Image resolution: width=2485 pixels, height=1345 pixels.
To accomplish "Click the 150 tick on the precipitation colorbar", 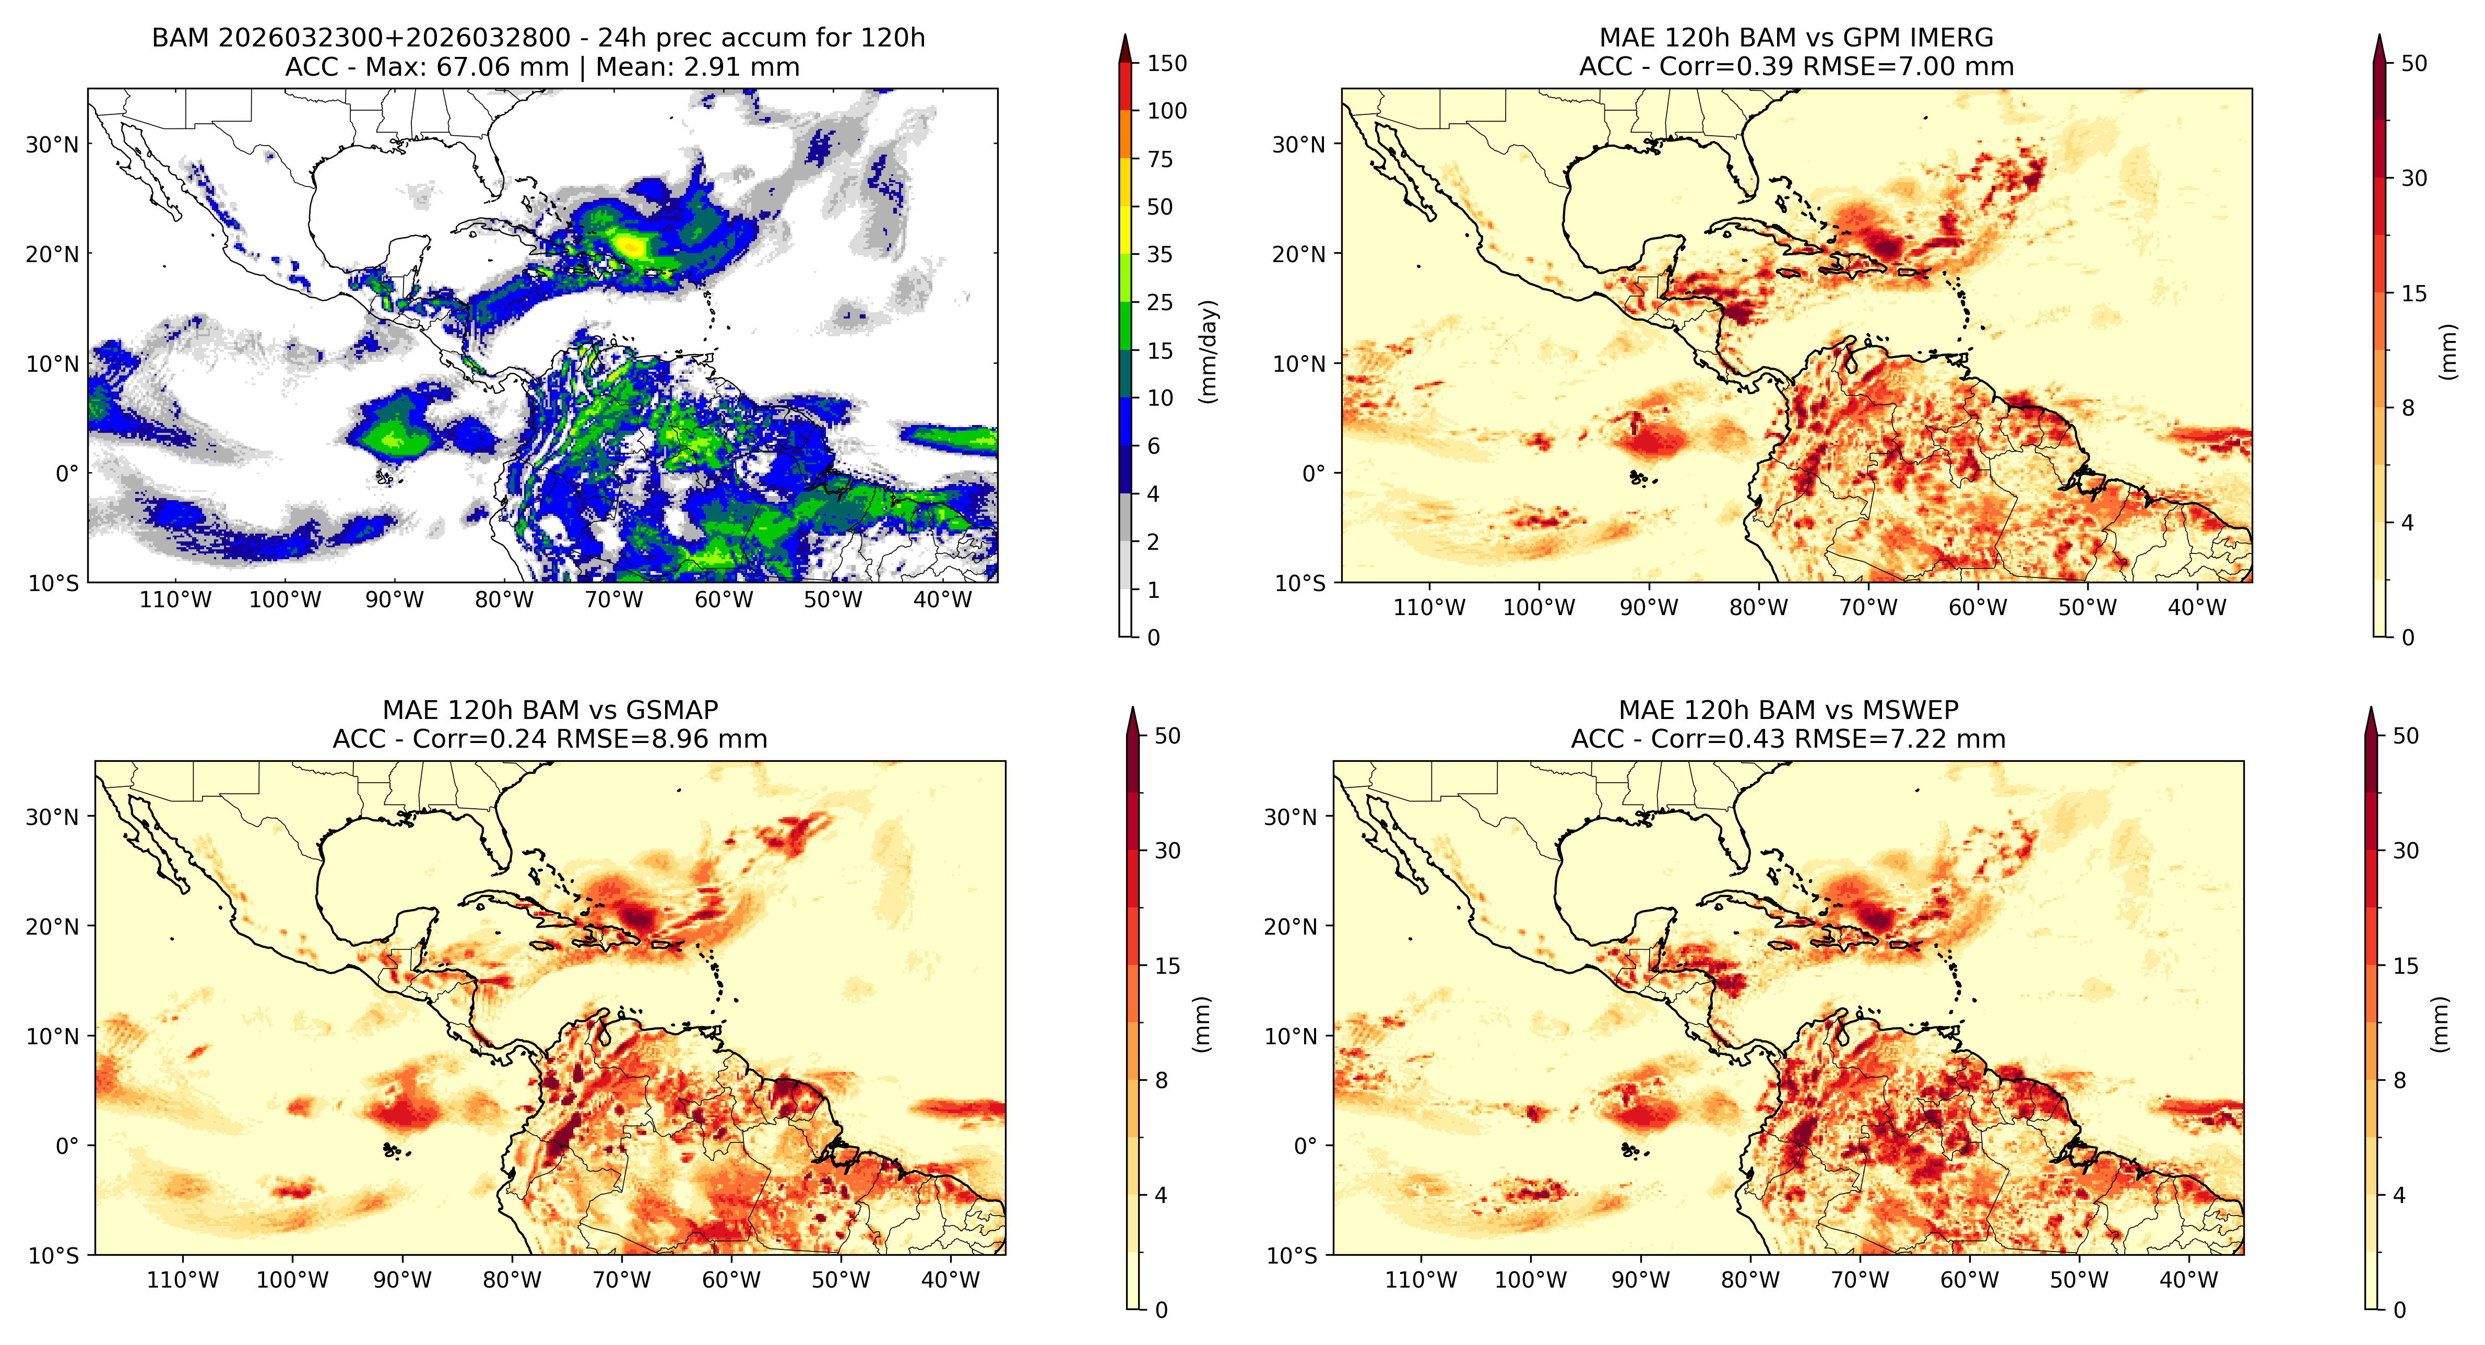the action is (1166, 64).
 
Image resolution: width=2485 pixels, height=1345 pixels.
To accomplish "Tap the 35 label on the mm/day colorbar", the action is (1159, 255).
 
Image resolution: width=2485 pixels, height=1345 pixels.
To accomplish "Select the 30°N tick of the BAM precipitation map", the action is (52, 145).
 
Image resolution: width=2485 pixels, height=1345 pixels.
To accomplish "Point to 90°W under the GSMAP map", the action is (403, 1280).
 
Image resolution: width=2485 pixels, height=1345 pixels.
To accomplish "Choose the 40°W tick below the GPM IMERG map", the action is (2197, 608).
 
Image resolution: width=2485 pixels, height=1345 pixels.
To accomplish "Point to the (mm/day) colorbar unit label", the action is (1208, 351).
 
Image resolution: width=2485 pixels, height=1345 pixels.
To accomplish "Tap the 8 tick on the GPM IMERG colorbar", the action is (2408, 408).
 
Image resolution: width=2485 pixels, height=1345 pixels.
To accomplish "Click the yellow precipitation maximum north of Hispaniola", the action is (632, 245).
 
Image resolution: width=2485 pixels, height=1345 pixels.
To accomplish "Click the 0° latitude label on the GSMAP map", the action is (67, 1146).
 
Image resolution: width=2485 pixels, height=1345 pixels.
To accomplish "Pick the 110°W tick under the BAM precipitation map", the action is (175, 600).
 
